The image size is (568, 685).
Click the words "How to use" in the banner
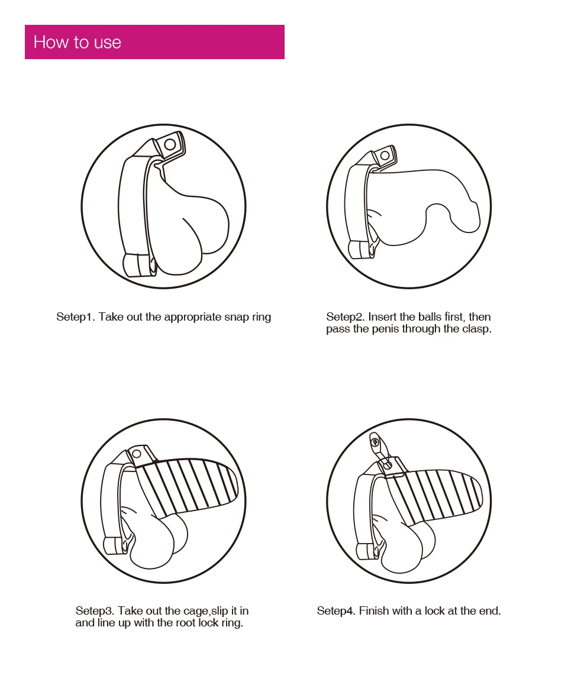coord(78,43)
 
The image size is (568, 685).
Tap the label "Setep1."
coord(76,317)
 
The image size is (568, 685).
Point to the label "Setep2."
coord(346,317)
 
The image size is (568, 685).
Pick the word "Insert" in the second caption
coord(382,317)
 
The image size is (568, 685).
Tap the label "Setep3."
coord(95,610)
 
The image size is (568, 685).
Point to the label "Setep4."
coord(337,610)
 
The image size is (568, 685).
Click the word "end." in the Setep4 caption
coord(490,610)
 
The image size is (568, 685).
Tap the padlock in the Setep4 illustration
coord(379,448)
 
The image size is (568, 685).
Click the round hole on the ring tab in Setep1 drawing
coord(170,144)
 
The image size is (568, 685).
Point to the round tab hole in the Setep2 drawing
coord(385,155)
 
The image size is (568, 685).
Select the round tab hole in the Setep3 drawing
coord(136,453)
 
